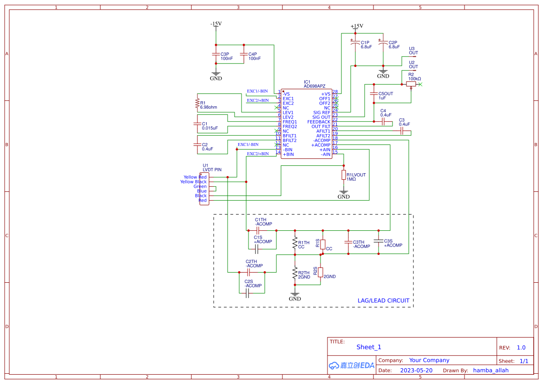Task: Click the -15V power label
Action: coord(216,24)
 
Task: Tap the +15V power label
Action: coord(357,26)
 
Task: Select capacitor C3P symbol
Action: coord(216,54)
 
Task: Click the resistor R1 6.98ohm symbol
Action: coord(197,102)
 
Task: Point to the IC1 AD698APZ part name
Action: coord(314,86)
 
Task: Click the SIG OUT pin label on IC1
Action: coord(321,117)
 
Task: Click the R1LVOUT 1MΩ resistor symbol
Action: coord(343,175)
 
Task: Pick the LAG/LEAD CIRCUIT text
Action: coord(383,300)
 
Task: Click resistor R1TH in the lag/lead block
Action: coord(294,243)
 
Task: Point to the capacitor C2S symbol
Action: coord(247,293)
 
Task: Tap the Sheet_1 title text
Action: coord(368,347)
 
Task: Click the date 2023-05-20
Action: coord(416,371)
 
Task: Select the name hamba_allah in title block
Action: coord(491,371)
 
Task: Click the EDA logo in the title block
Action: coord(351,365)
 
